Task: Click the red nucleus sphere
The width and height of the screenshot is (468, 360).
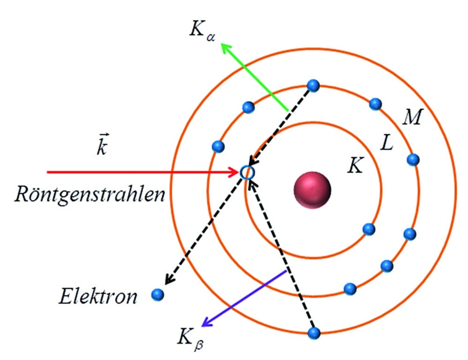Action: point(312,190)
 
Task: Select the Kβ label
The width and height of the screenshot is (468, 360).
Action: point(190,338)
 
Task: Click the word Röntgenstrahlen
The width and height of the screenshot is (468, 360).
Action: point(90,194)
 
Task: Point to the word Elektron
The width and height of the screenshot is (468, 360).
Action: point(98,296)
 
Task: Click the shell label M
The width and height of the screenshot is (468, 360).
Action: point(412,117)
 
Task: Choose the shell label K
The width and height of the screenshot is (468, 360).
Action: point(355,166)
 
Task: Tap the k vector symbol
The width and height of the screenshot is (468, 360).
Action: point(102,146)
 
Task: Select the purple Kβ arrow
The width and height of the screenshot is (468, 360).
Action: point(245,298)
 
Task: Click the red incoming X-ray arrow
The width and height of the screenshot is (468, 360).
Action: point(139,172)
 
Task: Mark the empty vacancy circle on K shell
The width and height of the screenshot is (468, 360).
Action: point(247,172)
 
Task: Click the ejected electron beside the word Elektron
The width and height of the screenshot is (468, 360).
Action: point(158,294)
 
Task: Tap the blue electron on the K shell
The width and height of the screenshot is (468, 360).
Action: point(369,229)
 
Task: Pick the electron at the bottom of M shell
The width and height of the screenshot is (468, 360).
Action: point(314,333)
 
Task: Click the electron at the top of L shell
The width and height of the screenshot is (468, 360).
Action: point(313,86)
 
